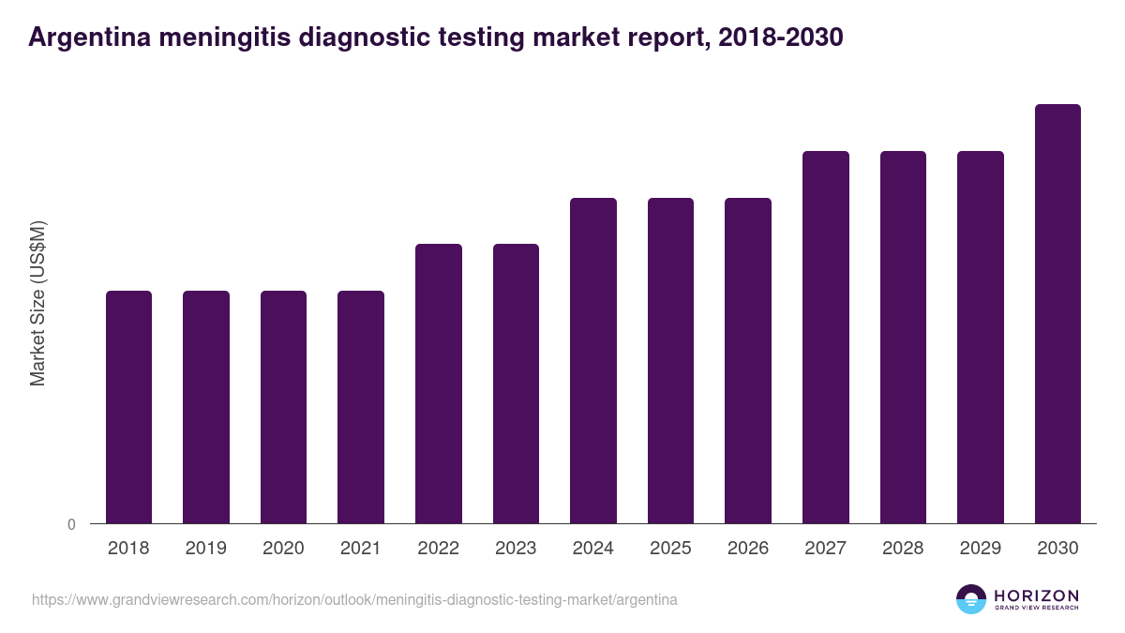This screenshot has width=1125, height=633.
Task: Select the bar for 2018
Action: (x=128, y=407)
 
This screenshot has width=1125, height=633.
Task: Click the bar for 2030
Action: (x=1057, y=314)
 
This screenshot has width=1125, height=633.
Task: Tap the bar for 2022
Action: (x=439, y=384)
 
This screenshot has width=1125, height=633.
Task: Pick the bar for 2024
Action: (x=593, y=361)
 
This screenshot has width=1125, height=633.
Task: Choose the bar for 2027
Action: (x=826, y=338)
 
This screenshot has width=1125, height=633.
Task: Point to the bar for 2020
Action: (x=283, y=407)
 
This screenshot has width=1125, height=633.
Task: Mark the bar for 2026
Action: (x=748, y=361)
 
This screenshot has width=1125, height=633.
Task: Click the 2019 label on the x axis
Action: (x=205, y=549)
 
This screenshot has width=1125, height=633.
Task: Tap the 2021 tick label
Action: (x=361, y=549)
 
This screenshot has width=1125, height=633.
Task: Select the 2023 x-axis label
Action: (x=516, y=549)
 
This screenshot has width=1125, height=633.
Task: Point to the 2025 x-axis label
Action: (x=670, y=549)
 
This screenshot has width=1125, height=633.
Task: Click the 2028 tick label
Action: (x=903, y=549)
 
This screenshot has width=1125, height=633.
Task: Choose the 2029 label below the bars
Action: (x=980, y=549)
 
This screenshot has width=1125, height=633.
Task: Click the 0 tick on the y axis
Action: (x=71, y=525)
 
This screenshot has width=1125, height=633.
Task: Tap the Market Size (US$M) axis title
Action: (x=37, y=303)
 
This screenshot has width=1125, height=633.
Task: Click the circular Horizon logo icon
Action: (x=971, y=599)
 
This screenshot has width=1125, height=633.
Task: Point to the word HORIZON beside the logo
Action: (x=1036, y=595)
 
